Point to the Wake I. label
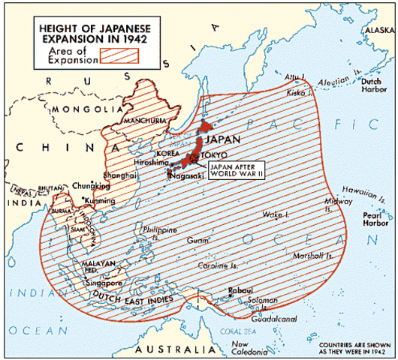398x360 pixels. click(x=274, y=214)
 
